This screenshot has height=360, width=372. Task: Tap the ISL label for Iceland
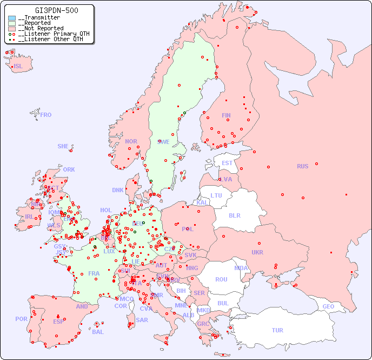tap(18, 67)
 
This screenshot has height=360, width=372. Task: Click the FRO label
tap(46, 115)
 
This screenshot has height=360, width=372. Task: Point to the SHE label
tap(63, 146)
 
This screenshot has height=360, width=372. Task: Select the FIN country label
tap(226, 115)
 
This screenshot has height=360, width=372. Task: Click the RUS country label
tap(302, 166)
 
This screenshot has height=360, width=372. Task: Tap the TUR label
tap(277, 330)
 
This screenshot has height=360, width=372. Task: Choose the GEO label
tap(328, 306)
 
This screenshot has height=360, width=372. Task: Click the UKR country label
tap(257, 252)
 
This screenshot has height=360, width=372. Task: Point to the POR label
tap(21, 319)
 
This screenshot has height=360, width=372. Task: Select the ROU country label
tap(221, 279)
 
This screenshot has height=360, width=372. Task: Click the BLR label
tap(234, 215)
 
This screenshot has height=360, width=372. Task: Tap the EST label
tap(227, 163)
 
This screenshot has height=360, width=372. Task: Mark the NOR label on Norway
tap(131, 141)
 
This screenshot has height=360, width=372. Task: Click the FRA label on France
tap(94, 273)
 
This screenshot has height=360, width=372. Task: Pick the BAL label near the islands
tap(98, 332)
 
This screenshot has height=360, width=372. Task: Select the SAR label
tap(142, 320)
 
